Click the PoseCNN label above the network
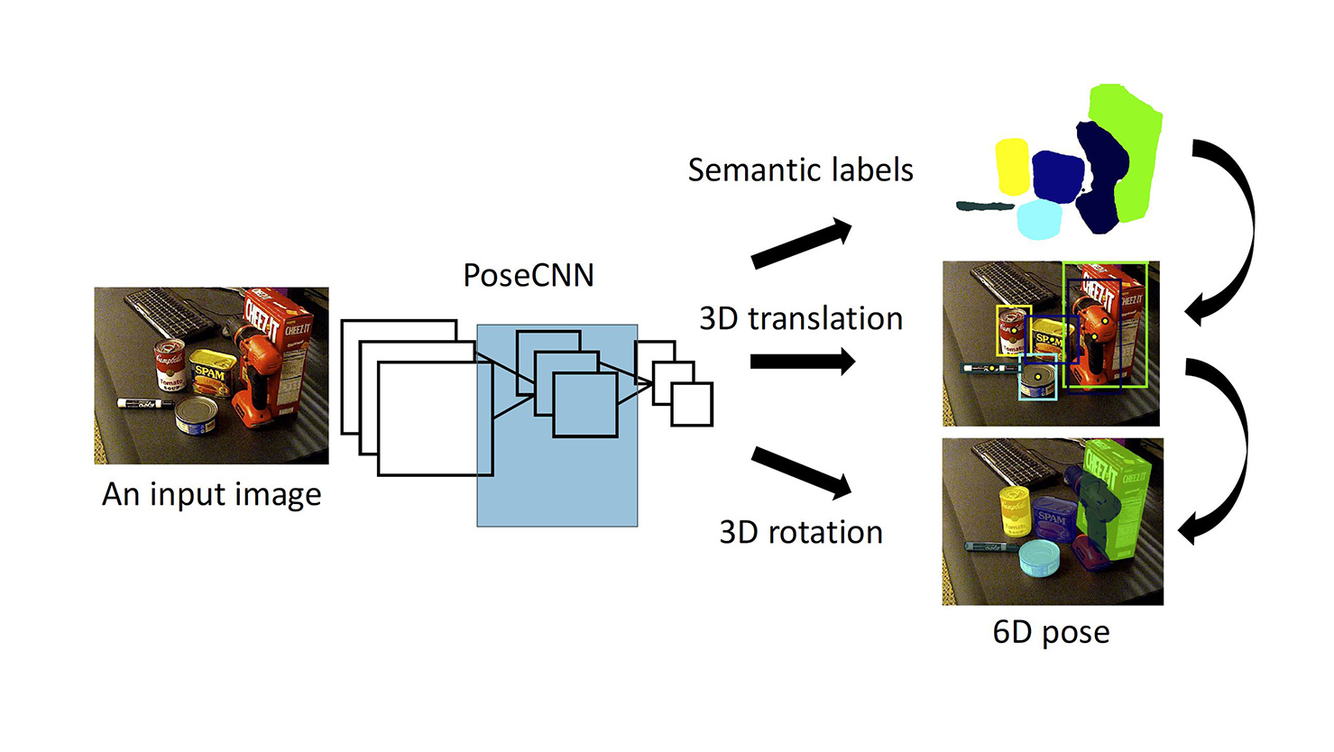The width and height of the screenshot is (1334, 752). coord(529,275)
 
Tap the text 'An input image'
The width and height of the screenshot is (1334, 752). coord(211,494)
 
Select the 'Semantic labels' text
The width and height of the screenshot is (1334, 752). coord(800,170)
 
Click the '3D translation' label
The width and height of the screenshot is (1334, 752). coord(800,318)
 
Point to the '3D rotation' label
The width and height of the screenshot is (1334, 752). coord(800,532)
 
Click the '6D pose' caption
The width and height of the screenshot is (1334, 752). coord(1051,632)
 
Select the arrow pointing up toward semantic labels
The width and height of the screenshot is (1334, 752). coord(801,244)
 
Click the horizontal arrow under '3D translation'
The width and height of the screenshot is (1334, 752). coord(802,362)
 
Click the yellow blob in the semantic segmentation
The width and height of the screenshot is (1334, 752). coord(1012,166)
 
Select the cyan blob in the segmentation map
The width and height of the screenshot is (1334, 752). coord(1038,219)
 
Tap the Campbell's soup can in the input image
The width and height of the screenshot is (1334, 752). coord(170,364)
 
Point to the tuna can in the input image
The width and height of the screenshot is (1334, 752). coord(196,416)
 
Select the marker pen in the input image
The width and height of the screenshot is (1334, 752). coord(144,403)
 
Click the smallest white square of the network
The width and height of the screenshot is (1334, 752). coord(692,404)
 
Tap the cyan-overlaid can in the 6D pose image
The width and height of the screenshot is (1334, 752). coord(1038,558)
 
